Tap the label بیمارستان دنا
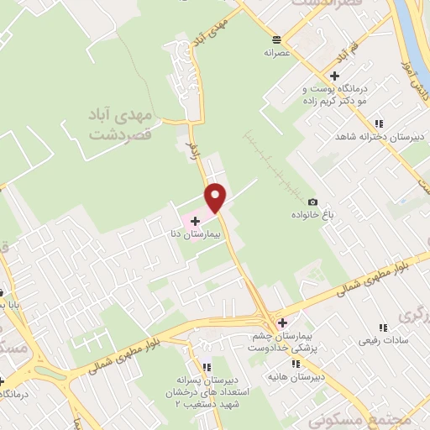pyautogui.click(x=206, y=236)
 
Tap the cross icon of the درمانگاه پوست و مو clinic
pyautogui.click(x=334, y=76)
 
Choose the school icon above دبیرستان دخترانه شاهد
pyautogui.click(x=380, y=123)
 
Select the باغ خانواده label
pyautogui.click(x=320, y=215)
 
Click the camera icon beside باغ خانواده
pyautogui.click(x=312, y=202)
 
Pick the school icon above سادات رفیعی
pyautogui.click(x=383, y=328)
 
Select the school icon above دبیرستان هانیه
pyautogui.click(x=296, y=364)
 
